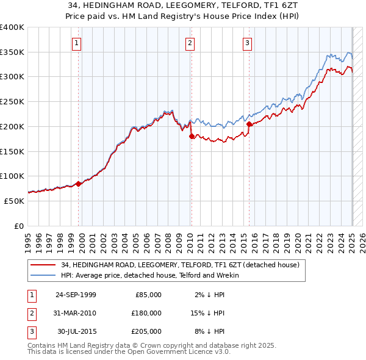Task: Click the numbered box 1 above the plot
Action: tap(77, 43)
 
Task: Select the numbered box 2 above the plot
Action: tap(190, 43)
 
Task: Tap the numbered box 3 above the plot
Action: tap(248, 43)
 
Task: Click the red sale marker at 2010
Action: tap(190, 136)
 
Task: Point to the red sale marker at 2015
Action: tap(249, 124)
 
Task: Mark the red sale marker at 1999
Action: tap(79, 184)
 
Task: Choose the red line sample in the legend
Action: tap(42, 265)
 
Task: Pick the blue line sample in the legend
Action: tap(42, 275)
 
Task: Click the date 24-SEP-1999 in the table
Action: tap(76, 295)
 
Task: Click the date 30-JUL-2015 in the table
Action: tap(76, 331)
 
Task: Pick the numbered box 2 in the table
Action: tap(31, 313)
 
